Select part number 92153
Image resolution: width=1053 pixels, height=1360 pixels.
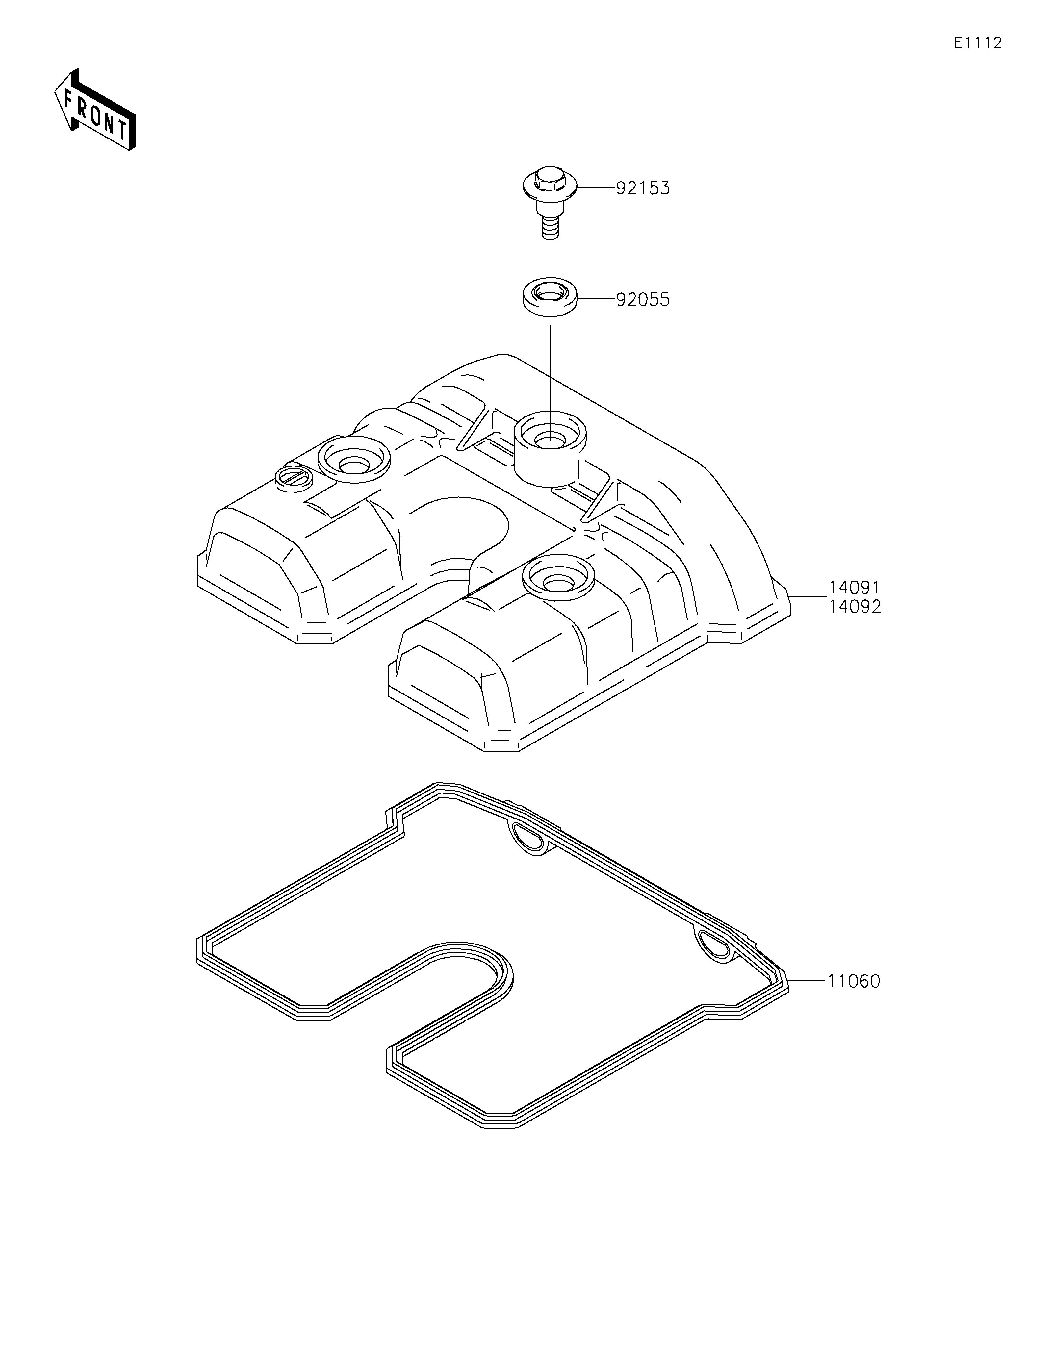pos(643,188)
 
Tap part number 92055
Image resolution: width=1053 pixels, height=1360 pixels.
pos(643,300)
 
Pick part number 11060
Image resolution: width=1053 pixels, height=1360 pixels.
pos(854,981)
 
